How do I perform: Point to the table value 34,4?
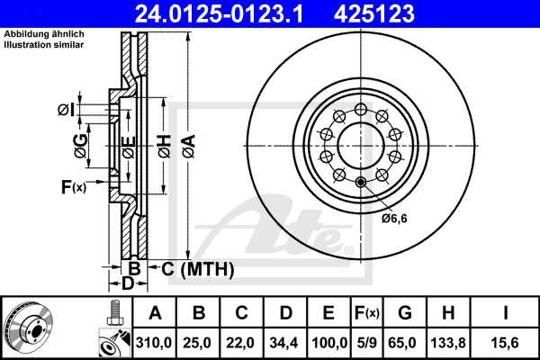pyautogui.click(x=286, y=341)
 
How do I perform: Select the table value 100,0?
pyautogui.click(x=329, y=341)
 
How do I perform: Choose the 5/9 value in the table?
pyautogui.click(x=366, y=341)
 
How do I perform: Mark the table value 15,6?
pyautogui.click(x=505, y=341)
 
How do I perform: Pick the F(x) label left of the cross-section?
pyautogui.click(x=72, y=187)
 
